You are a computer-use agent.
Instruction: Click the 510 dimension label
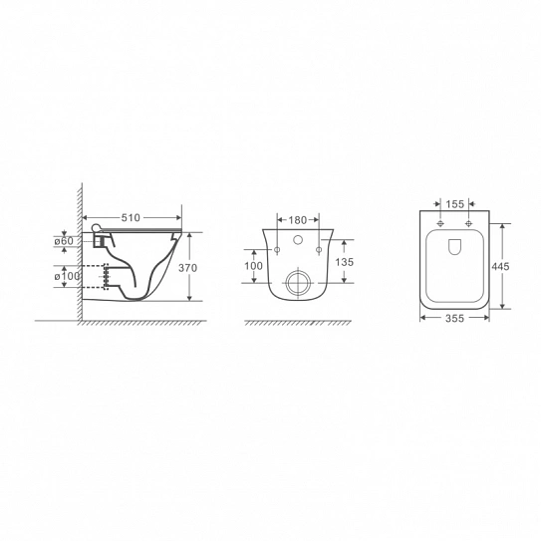pos(131,218)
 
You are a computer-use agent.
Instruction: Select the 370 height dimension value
pos(187,268)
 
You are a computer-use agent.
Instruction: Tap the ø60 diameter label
pos(64,241)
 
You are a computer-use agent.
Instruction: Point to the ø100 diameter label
pos(67,276)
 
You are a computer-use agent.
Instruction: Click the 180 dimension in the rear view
pos(298,220)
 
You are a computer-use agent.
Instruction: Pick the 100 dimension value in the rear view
pos(254,266)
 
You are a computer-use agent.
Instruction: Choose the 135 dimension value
pos(345,262)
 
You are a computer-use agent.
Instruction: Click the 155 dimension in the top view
pos(454,204)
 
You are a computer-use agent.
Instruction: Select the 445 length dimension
pos(500,266)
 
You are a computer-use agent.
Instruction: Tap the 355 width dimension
pos(454,319)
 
